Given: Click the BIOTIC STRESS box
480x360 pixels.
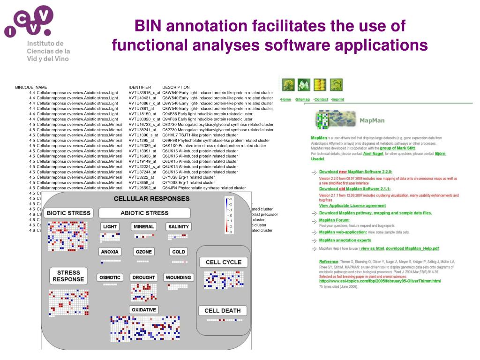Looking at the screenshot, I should pyautogui.click(x=69, y=213).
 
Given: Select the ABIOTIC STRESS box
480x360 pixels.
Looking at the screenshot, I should pyautogui.click(x=144, y=213).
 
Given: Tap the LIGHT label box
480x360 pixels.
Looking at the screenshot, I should pyautogui.click(x=110, y=226).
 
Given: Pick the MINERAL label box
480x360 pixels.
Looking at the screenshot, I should pyautogui.click(x=144, y=226).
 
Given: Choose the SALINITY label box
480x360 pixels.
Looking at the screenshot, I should pyautogui.click(x=179, y=226).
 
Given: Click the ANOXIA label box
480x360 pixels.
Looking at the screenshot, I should pyautogui.click(x=110, y=252).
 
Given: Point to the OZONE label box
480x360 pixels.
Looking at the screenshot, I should pyautogui.click(x=144, y=252).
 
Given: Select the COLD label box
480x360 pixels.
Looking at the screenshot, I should pyautogui.click(x=179, y=252).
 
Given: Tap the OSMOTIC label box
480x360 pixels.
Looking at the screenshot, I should pyautogui.click(x=110, y=277).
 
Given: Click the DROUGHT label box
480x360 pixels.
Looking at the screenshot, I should pyautogui.click(x=144, y=277).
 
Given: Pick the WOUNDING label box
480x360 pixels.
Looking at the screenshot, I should pyautogui.click(x=179, y=277).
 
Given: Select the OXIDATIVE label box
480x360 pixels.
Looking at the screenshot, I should pyautogui.click(x=144, y=310).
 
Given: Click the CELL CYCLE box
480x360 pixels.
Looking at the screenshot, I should pyautogui.click(x=223, y=262).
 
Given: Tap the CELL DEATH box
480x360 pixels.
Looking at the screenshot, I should pyautogui.click(x=223, y=310).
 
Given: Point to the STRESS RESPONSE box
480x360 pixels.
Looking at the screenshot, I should pyautogui.click(x=68, y=276).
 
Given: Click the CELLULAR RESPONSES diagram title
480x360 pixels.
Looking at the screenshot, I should pyautogui.click(x=152, y=199).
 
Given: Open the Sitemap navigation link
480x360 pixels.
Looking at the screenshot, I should pyautogui.click(x=303, y=99).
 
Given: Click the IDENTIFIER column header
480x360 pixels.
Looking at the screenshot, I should pyautogui.click(x=140, y=87).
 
